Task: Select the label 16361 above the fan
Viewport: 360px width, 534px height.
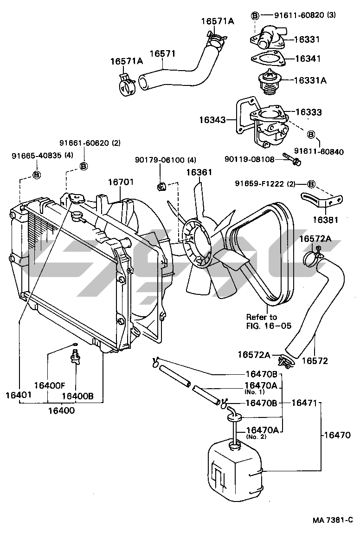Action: pyautogui.click(x=199, y=173)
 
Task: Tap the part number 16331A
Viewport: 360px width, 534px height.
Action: pyautogui.click(x=310, y=80)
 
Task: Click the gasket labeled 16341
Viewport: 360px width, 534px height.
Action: pyautogui.click(x=267, y=59)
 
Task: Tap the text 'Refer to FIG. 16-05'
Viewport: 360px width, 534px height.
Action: pyautogui.click(x=269, y=321)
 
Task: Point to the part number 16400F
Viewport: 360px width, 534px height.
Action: pyautogui.click(x=49, y=385)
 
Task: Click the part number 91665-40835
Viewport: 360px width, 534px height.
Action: pyautogui.click(x=36, y=155)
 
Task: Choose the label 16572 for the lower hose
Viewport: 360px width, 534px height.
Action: pyautogui.click(x=315, y=360)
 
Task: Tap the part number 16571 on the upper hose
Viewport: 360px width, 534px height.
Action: pyautogui.click(x=162, y=54)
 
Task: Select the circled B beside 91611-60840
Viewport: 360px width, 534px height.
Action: pyautogui.click(x=311, y=135)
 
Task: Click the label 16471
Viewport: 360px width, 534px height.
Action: pyautogui.click(x=302, y=403)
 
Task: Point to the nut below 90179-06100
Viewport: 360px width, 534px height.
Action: pyautogui.click(x=162, y=187)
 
